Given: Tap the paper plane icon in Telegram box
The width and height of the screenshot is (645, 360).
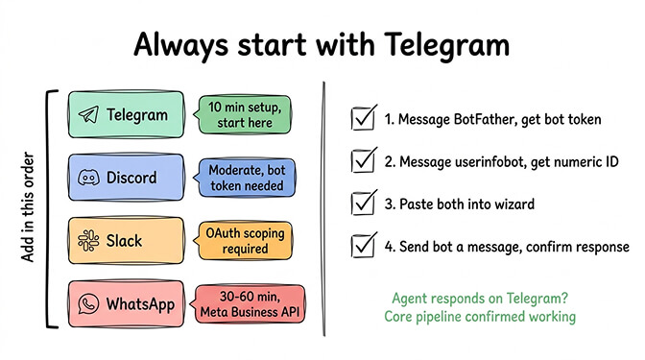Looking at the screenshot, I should coord(88,115).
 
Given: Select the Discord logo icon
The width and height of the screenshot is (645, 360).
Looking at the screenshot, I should coord(88,179).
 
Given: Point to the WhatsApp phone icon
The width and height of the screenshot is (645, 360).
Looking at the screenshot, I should coord(88,305).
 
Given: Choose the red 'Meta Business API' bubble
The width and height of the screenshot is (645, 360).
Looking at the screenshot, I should coord(250,305).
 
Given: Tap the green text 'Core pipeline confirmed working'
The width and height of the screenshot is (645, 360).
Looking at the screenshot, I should coord(481,316).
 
